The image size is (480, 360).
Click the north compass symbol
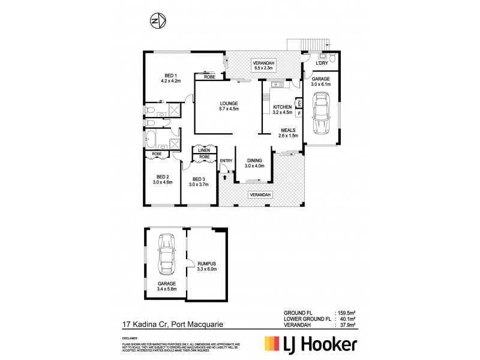(157, 22)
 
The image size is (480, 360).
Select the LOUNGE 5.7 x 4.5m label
(228, 106)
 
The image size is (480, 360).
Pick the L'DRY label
(317, 63)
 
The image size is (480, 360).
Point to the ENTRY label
(226, 160)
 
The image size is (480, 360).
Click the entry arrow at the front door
(225, 175)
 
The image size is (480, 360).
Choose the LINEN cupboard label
(204, 151)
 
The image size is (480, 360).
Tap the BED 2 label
(163, 179)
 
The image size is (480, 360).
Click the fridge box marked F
(298, 112)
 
